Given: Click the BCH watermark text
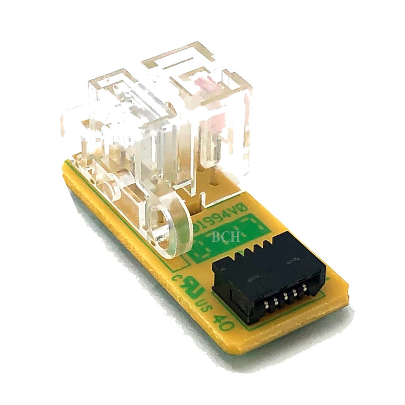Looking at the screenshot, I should pos(226,237).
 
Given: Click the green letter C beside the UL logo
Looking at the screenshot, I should pos(176,278).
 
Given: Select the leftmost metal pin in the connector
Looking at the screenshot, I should pos(265,307).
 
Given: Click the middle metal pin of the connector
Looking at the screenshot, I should pos(285,297).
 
